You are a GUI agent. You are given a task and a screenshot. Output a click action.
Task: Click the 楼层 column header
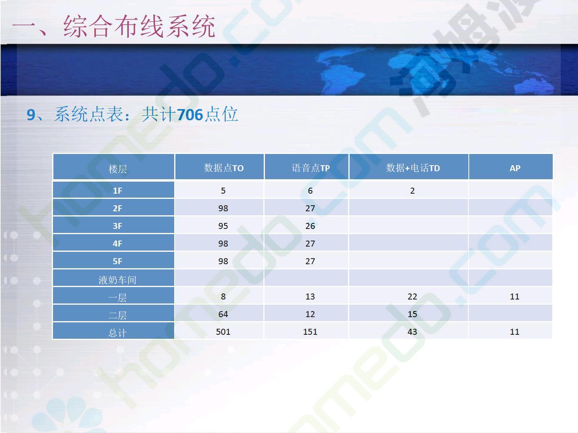point(118,168)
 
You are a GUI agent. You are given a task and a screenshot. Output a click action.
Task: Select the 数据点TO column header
point(224,168)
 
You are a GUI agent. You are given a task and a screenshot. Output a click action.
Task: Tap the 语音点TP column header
point(311,168)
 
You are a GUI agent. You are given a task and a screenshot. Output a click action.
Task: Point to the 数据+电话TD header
point(413,168)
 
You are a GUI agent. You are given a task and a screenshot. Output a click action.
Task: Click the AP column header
point(515,168)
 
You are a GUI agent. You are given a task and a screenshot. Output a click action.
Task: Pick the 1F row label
point(118,190)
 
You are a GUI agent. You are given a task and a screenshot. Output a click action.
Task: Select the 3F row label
point(118,226)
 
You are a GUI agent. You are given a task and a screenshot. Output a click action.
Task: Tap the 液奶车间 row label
point(118,280)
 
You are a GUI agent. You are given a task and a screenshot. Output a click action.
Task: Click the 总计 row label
point(118,333)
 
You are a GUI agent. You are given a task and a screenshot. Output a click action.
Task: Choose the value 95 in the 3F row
point(223,226)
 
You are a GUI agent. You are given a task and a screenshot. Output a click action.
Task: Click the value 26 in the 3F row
point(310,226)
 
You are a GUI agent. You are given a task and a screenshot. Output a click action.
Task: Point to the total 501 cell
point(223,332)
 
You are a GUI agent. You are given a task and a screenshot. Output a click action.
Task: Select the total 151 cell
point(310,332)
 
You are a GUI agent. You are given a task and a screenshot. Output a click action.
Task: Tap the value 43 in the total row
point(412,332)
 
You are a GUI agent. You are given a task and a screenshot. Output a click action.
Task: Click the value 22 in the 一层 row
point(412,297)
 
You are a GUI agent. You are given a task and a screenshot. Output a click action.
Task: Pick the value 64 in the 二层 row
point(223,314)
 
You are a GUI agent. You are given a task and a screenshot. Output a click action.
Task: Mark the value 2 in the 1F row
point(412,190)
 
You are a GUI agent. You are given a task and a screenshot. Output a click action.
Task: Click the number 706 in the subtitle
point(190,115)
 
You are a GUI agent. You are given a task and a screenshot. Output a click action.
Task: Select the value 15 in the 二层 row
point(412,314)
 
